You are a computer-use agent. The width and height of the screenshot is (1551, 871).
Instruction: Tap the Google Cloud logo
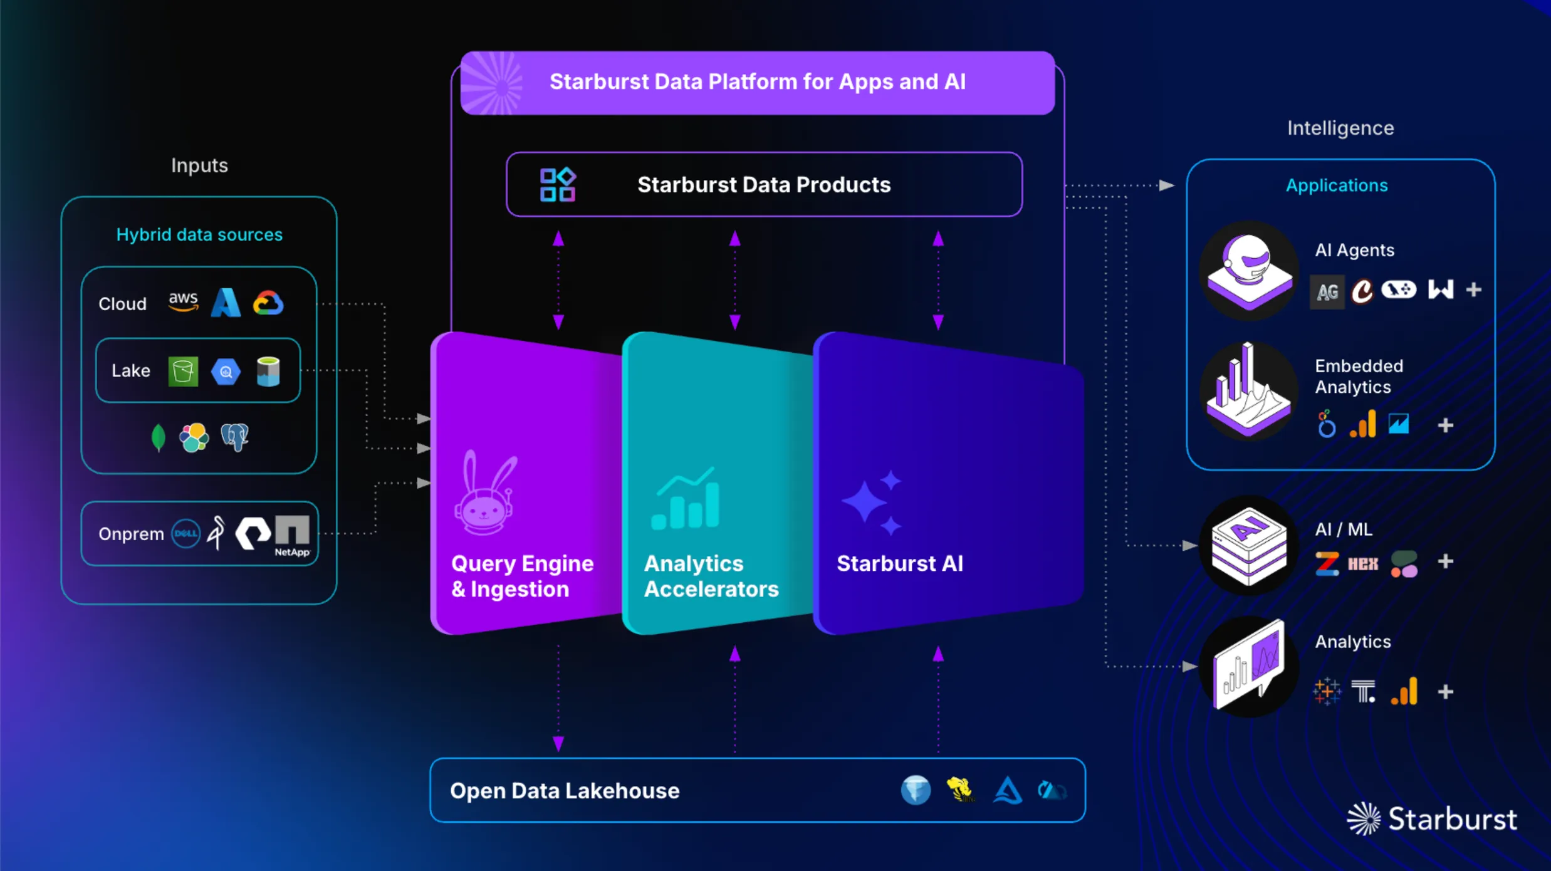pyautogui.click(x=268, y=303)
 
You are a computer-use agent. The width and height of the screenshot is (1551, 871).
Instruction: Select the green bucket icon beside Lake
pyautogui.click(x=183, y=371)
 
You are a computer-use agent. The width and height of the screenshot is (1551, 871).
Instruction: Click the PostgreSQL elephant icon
pyautogui.click(x=235, y=437)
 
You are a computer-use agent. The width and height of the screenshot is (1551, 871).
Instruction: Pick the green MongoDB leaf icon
pyautogui.click(x=159, y=437)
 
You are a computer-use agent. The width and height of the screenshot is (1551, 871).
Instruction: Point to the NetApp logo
pyautogui.click(x=292, y=535)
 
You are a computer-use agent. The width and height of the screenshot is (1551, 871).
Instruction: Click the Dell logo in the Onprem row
pyautogui.click(x=186, y=534)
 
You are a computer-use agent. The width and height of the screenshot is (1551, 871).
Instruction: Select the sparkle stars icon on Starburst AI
pyautogui.click(x=872, y=502)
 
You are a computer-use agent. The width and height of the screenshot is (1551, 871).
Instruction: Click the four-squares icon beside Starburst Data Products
pyautogui.click(x=558, y=185)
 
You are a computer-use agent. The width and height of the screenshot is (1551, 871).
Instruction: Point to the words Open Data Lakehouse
pyautogui.click(x=565, y=791)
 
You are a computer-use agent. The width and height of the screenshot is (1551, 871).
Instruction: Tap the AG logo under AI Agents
pyautogui.click(x=1327, y=291)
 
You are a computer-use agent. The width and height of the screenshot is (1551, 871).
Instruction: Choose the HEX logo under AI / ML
pyautogui.click(x=1363, y=564)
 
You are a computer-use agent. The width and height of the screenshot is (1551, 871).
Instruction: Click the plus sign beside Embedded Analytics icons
pyautogui.click(x=1445, y=425)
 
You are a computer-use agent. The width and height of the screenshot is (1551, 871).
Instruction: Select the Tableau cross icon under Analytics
pyautogui.click(x=1327, y=692)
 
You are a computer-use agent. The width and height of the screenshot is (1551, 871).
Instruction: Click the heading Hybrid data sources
pyautogui.click(x=199, y=234)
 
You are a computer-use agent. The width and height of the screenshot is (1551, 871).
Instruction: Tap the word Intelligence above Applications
pyautogui.click(x=1340, y=128)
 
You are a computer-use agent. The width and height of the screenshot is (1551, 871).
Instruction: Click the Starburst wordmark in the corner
pyautogui.click(x=1452, y=819)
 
